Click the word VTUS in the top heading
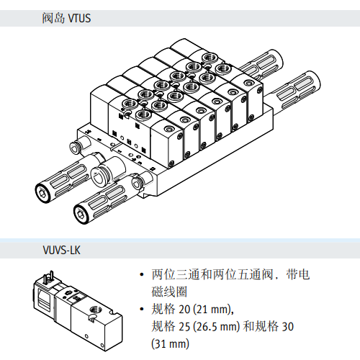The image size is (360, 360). click(x=79, y=18)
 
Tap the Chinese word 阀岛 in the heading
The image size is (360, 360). click(x=53, y=18)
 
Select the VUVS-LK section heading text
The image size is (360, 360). click(x=61, y=250)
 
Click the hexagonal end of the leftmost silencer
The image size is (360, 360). click(x=43, y=193)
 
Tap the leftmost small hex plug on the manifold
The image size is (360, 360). click(x=75, y=148)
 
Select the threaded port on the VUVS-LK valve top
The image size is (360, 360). click(x=94, y=310)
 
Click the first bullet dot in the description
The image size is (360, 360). click(x=142, y=274)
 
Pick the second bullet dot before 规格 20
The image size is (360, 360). click(x=142, y=309)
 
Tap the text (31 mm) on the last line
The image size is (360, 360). click(x=170, y=343)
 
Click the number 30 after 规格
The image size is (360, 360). click(x=287, y=326)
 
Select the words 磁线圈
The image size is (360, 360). click(x=169, y=292)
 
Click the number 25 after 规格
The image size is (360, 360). click(x=184, y=326)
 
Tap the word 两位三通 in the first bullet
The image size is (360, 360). click(x=176, y=274)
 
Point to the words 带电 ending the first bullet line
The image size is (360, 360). click(x=298, y=274)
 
